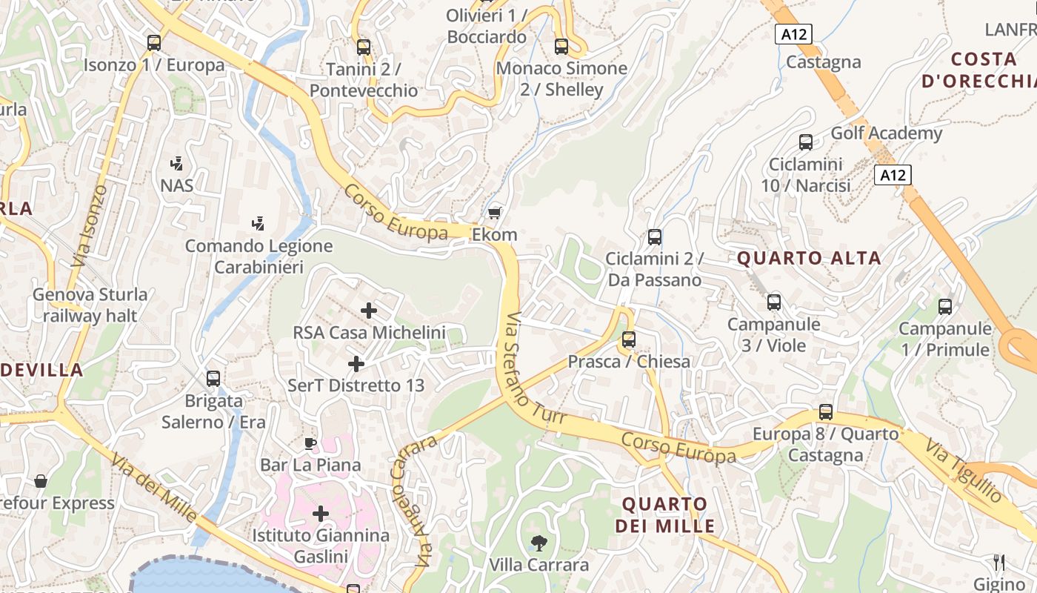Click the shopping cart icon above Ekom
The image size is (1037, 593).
[495, 213]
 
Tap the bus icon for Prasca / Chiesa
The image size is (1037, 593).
[629, 339]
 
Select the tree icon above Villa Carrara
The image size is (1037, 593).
[538, 543]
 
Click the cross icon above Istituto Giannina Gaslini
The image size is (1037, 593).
[321, 513]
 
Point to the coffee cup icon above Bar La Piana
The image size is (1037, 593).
[310, 443]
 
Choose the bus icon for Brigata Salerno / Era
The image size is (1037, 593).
[213, 378]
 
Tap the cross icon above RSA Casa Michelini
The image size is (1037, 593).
[368, 311]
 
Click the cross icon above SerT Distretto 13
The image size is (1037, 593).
[356, 364]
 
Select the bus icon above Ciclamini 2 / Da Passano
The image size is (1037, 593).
[655, 237]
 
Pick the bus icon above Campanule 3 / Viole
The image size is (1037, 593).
[774, 302]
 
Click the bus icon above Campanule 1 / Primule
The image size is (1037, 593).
[945, 307]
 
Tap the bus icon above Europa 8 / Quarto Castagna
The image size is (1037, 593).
[826, 412]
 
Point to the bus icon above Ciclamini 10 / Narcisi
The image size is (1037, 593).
[806, 142]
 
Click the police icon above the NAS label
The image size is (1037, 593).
[176, 163]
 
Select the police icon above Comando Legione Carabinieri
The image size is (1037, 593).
[258, 223]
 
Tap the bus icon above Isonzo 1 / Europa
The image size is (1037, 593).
[154, 43]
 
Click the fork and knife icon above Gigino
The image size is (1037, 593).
[998, 562]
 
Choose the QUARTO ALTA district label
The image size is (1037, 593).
[809, 258]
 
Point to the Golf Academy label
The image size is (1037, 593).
[886, 133]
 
